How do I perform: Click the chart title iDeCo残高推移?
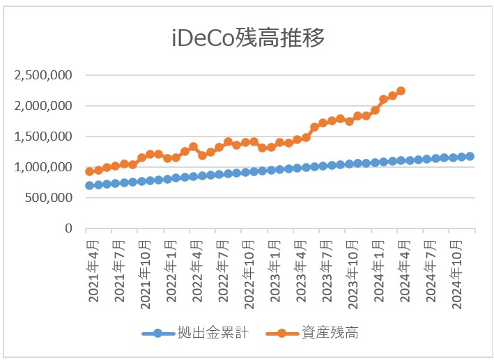(x=248, y=38)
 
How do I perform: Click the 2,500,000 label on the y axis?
(x=44, y=75)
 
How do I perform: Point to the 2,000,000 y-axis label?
(x=44, y=106)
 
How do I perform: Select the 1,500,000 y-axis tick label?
(x=44, y=136)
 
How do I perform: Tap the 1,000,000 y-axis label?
(x=44, y=167)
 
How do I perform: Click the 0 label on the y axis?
(x=68, y=228)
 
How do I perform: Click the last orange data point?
(x=401, y=91)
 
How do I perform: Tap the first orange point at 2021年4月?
(x=89, y=171)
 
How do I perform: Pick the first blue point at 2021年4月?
(x=89, y=185)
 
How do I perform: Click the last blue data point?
(x=470, y=156)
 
